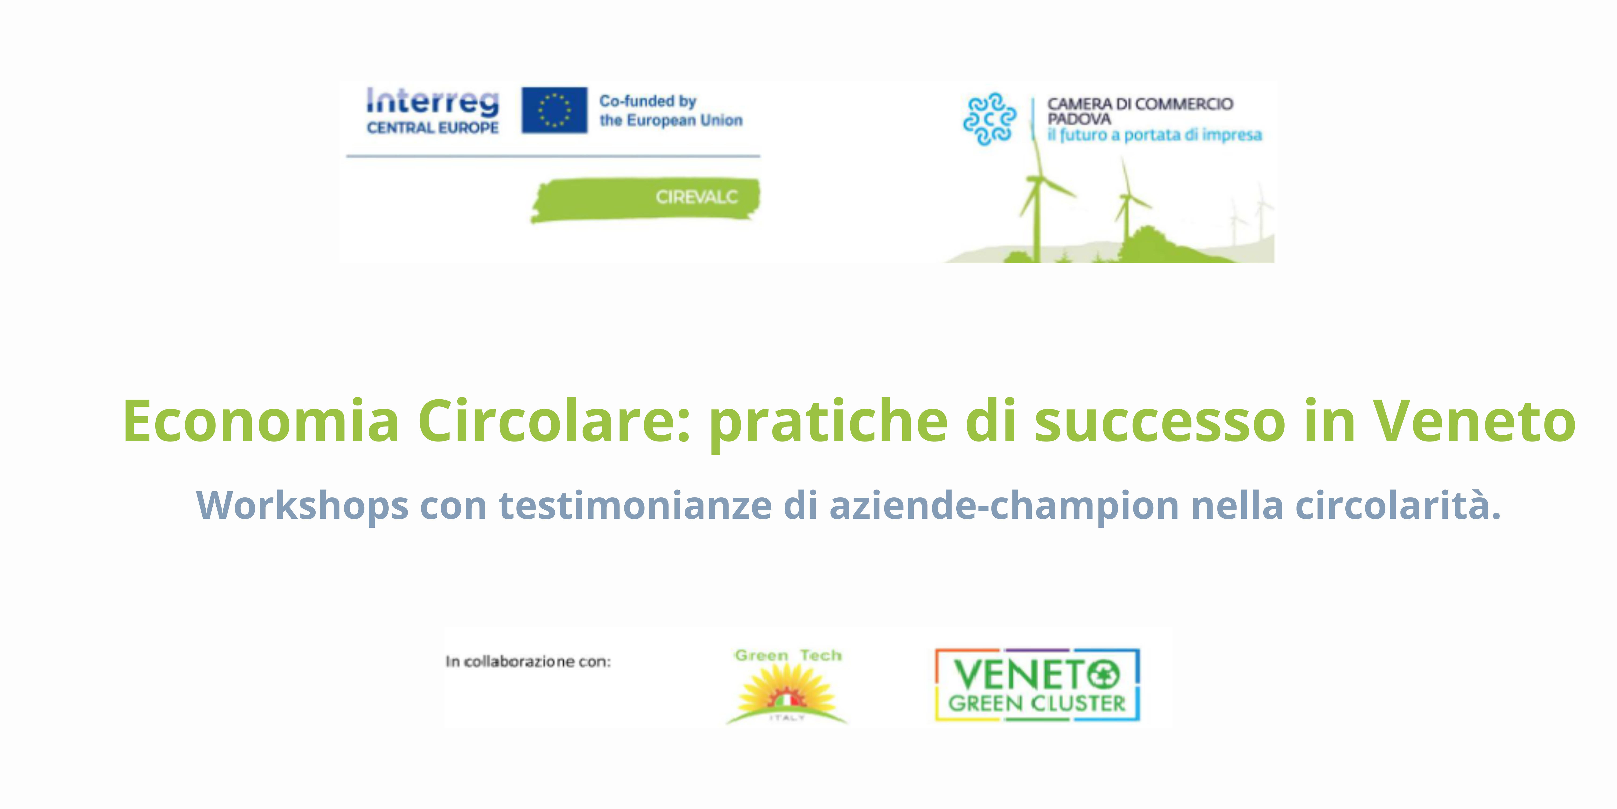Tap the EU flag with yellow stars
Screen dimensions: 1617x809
point(554,110)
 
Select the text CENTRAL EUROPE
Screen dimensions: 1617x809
point(433,128)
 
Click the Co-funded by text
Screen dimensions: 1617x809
point(648,101)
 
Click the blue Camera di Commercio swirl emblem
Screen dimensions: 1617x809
point(989,119)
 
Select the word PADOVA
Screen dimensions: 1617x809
point(1078,119)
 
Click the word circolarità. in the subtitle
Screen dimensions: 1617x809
point(1398,505)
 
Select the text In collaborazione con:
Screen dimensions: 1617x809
point(528,661)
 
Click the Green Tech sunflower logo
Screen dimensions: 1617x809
point(787,686)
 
